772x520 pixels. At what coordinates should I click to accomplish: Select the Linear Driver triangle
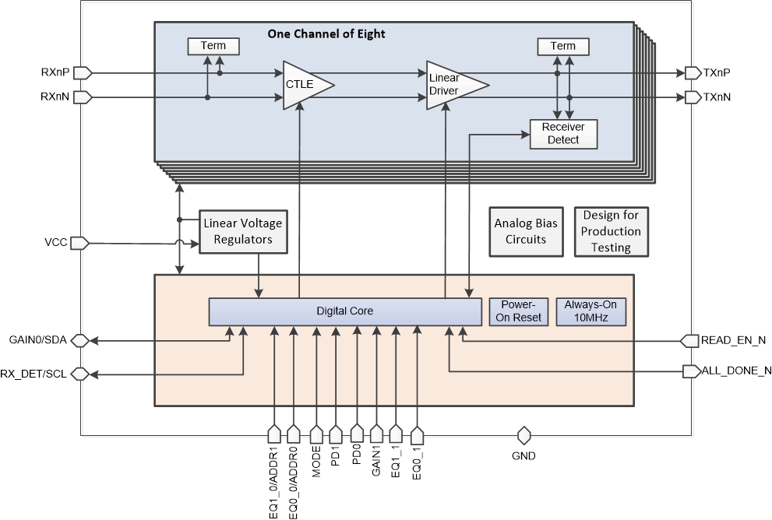tap(452, 85)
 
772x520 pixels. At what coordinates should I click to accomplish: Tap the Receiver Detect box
tap(562, 133)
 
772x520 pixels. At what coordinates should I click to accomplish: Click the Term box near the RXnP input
tap(213, 46)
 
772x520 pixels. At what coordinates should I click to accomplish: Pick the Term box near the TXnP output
tap(562, 46)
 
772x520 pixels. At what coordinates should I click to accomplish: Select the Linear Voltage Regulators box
tap(243, 231)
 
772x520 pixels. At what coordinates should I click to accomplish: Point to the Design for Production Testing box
tap(611, 231)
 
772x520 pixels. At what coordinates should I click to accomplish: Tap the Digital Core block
tap(344, 311)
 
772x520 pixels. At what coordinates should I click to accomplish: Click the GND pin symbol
tap(523, 434)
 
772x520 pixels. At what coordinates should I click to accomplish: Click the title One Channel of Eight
tap(326, 34)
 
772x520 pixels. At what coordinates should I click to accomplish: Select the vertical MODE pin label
tap(316, 462)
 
